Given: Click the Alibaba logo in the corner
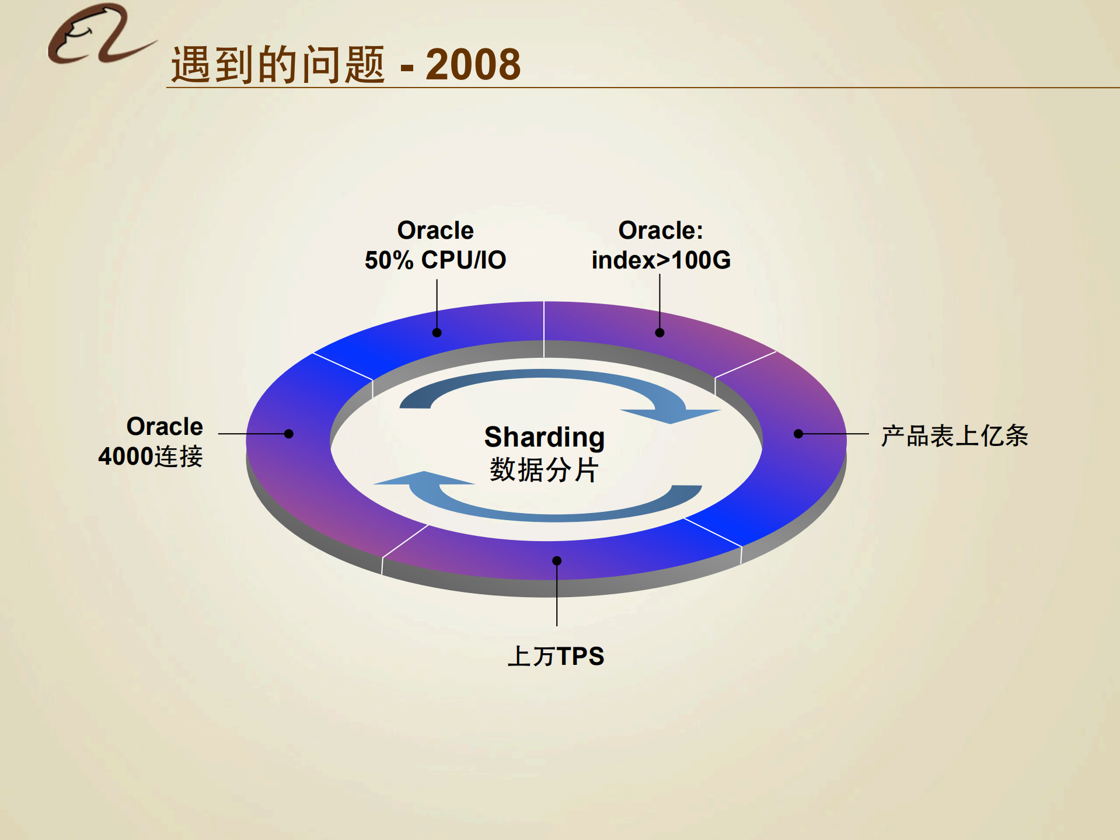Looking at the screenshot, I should coord(99,35).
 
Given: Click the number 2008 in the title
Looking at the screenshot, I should coord(473,64).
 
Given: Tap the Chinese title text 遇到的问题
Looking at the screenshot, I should coord(278,64).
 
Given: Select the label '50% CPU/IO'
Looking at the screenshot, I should coord(435,260).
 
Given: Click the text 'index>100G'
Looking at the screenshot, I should coord(661,260).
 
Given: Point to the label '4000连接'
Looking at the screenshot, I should coord(151,456).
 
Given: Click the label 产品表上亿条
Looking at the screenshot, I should coord(954,435).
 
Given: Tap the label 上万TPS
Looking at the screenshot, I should coord(556,656).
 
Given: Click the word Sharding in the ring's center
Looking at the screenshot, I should coord(544,437).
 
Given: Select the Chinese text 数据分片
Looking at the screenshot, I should coord(544,469).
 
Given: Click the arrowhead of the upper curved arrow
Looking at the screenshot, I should coord(671,415).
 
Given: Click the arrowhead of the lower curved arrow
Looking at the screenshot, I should coord(423,478).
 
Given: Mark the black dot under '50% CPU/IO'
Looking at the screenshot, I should coord(437,333).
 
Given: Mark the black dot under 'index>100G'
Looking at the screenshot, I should coord(660,333).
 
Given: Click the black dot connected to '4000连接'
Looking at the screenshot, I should coord(288,434).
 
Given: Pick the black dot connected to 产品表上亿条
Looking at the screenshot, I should coord(798,434).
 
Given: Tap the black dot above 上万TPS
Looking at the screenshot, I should coord(557,561).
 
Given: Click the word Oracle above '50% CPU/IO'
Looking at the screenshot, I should coord(435,231).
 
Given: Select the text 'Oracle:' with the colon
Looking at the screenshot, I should coord(661,231).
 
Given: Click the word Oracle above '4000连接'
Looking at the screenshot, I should coord(165,427).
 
